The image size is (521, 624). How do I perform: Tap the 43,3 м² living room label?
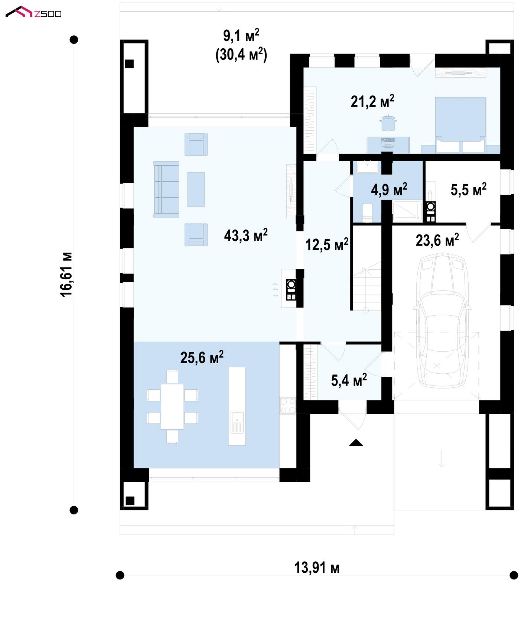coord(246,235)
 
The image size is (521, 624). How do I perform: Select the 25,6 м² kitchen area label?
coord(202,357)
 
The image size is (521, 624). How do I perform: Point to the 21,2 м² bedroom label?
coord(372,101)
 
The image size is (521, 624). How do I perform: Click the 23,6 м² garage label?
coord(437,240)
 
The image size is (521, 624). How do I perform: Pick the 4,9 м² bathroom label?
coord(389,189)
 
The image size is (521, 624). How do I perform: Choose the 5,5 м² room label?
coord(469,189)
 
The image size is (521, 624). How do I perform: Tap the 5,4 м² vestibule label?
coord(349,380)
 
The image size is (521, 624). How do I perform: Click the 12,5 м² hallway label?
coord(327,245)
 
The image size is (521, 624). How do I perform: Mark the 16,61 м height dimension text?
coord(66,274)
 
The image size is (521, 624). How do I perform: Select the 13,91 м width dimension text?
coord(317,568)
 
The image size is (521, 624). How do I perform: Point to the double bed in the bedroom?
coord(460,125)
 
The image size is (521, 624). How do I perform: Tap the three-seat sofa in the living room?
coord(166,189)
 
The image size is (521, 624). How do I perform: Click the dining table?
coord(172,406)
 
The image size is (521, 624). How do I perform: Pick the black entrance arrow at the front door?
coord(356,442)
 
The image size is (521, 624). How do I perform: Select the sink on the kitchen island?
coord(237,422)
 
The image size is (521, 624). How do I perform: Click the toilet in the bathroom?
coord(367,212)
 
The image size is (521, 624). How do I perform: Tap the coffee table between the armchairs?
coord(196,189)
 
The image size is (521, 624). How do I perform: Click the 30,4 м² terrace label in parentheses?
coord(241,55)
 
